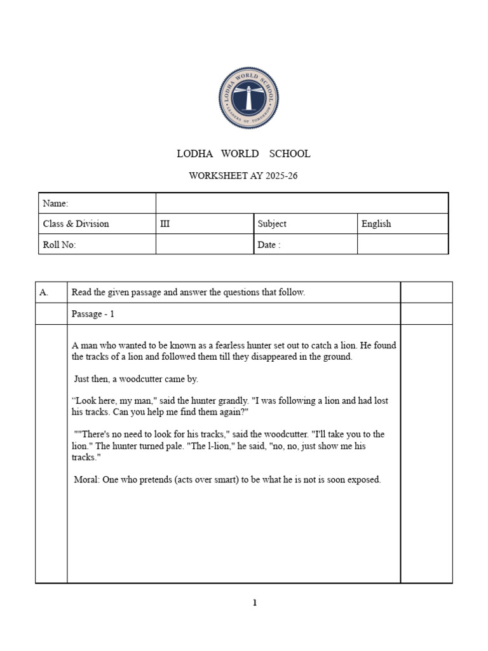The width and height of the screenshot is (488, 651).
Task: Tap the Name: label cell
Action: [x=55, y=203]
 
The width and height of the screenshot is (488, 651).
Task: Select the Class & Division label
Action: [x=76, y=224]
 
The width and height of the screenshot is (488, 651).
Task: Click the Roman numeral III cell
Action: [x=167, y=224]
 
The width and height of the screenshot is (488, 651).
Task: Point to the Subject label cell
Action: [x=272, y=224]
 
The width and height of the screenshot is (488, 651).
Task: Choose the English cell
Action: [x=376, y=224]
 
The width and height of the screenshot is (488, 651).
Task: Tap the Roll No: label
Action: [x=59, y=245]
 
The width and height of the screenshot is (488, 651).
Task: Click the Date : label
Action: [x=269, y=245]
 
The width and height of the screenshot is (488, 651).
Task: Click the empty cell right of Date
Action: [x=402, y=244]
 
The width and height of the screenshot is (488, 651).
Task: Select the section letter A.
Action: [x=44, y=292]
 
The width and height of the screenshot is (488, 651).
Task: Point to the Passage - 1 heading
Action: [x=93, y=314]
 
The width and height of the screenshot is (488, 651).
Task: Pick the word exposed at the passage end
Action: [x=364, y=480]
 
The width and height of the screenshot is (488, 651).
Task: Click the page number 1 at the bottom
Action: [x=255, y=603]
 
